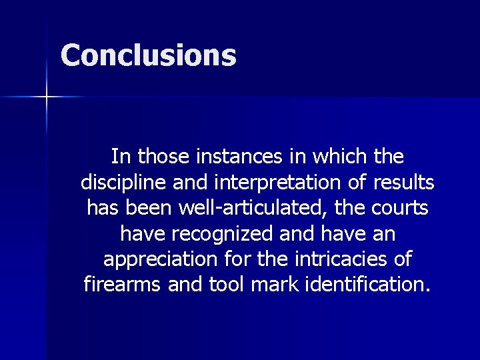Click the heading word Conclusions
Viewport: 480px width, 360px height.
pos(148,55)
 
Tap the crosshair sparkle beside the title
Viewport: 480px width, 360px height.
pos(47,97)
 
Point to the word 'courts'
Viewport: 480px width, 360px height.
pos(400,208)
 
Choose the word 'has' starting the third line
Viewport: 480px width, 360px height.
pos(102,208)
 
